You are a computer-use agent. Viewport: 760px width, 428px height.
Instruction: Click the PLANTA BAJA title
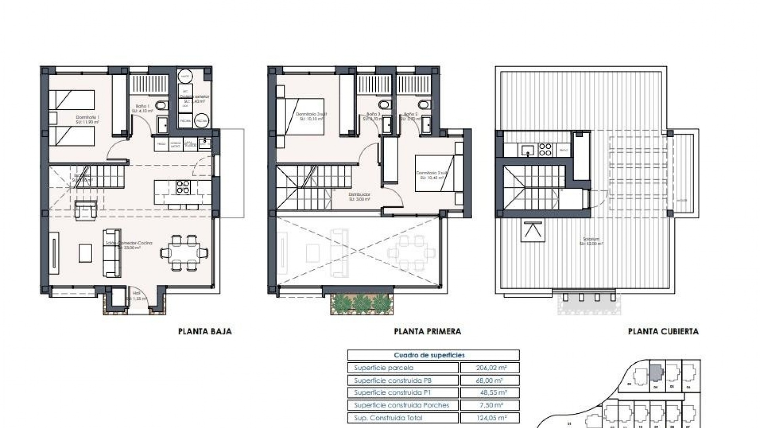click(x=205, y=331)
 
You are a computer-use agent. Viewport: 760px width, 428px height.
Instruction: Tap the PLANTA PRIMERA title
click(x=427, y=331)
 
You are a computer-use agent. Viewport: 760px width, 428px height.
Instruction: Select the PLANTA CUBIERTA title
click(x=663, y=331)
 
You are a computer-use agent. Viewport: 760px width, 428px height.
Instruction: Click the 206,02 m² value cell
click(x=490, y=368)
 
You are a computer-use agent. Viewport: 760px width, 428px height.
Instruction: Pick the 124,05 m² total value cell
click(x=490, y=418)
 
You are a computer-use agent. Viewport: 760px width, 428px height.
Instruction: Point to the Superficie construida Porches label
click(x=401, y=405)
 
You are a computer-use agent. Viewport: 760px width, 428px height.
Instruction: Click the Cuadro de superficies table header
click(x=433, y=355)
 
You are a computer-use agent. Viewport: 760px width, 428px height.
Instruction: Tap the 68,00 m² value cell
click(x=490, y=380)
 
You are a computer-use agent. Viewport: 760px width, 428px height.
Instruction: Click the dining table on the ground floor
click(x=184, y=252)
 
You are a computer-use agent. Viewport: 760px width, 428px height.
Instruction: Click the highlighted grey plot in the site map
click(x=656, y=372)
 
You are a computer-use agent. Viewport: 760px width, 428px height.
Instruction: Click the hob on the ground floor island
click(x=183, y=187)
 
